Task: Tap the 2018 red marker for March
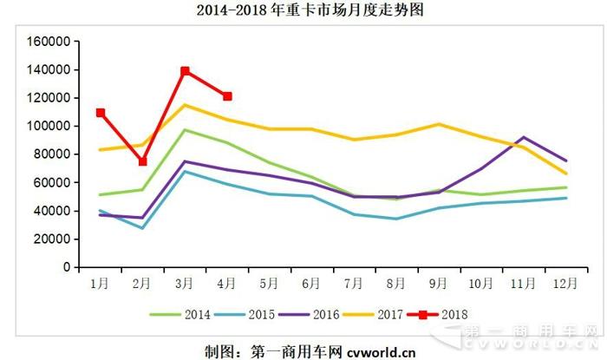[185, 71]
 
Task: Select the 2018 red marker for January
[101, 113]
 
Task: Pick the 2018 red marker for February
[142, 161]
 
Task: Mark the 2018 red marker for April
[227, 96]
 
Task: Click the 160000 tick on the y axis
[48, 41]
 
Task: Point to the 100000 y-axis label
[48, 126]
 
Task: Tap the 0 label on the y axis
[66, 267]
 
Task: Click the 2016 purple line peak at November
[522, 137]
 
